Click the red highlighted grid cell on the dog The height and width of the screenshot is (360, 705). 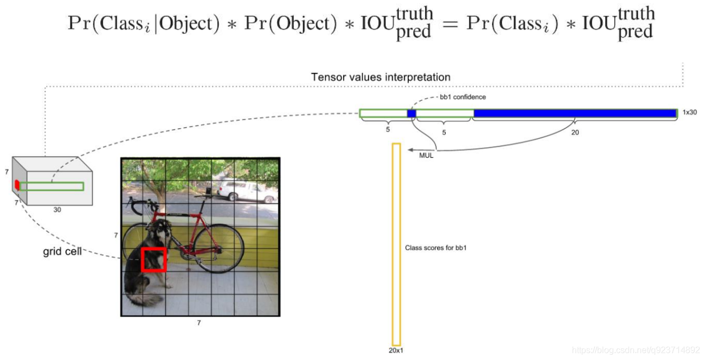154,259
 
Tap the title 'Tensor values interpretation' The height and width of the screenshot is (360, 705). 380,77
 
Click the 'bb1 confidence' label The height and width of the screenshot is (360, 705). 463,97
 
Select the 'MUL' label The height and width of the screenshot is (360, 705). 426,156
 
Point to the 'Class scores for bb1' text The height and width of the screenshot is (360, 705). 435,248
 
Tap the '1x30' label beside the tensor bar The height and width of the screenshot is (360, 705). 690,112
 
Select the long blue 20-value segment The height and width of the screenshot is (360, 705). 575,113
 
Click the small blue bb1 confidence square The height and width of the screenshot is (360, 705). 411,113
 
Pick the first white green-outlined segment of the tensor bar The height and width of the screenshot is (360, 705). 384,113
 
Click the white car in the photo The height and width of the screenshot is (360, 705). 241,191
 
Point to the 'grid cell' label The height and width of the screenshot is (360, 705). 62,252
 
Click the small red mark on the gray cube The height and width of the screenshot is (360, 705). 17,185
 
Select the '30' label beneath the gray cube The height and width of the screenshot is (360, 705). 57,209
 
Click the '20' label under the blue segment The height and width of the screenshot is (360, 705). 575,132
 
